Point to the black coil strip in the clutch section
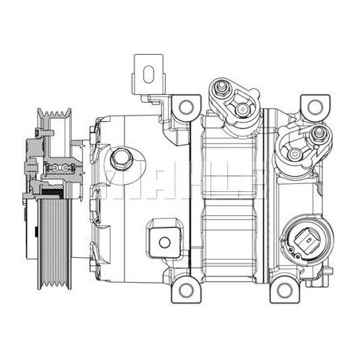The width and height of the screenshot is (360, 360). pos(56,194)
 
